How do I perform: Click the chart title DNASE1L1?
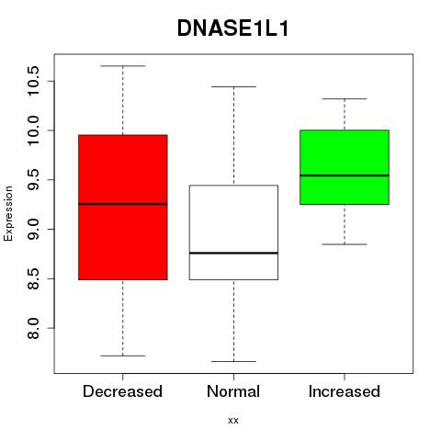(x=233, y=28)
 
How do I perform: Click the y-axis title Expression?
(x=8, y=213)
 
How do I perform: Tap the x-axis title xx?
(x=233, y=421)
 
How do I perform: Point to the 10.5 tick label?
(x=33, y=81)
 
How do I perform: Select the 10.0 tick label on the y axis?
(x=33, y=130)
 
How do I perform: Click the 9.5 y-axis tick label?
(x=33, y=180)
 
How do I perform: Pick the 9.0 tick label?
(x=33, y=229)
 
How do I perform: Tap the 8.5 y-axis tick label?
(x=33, y=278)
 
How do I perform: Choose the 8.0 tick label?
(x=33, y=328)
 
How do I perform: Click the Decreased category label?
(x=122, y=391)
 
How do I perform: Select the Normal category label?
(x=233, y=391)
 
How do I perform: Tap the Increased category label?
(x=345, y=391)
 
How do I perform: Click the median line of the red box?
(x=123, y=204)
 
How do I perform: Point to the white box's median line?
(x=233, y=253)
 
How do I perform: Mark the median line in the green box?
(x=345, y=175)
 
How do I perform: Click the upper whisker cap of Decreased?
(x=123, y=66)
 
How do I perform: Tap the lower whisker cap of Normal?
(x=233, y=361)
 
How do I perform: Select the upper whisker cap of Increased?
(x=345, y=99)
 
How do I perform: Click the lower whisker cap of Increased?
(x=345, y=244)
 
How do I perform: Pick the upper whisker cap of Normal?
(x=233, y=86)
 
